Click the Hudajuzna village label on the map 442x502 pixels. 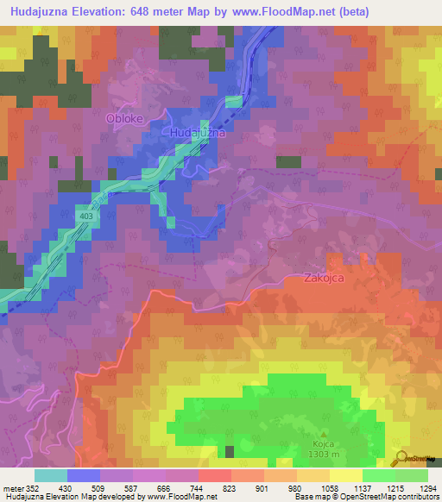click(x=197, y=134)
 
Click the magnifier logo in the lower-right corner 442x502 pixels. click(x=400, y=456)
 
